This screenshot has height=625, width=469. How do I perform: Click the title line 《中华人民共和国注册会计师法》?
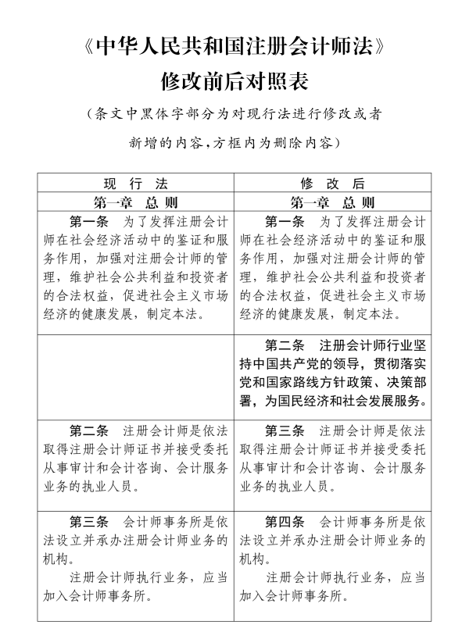point(234,47)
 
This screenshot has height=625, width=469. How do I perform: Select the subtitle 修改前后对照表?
point(234,80)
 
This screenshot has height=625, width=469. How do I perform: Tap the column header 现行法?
point(136,184)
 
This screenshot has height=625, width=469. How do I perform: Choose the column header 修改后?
point(331,184)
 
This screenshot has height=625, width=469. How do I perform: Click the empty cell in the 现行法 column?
point(136,375)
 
